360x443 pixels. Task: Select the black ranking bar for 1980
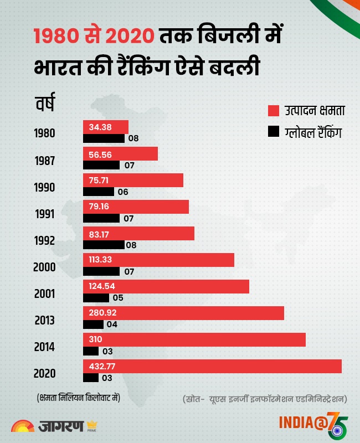[104, 138]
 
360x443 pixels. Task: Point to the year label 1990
[44, 187]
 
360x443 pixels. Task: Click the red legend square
[272, 111]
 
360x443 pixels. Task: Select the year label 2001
[44, 294]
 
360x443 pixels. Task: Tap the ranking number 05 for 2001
[118, 298]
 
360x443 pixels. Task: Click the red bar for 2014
[194, 339]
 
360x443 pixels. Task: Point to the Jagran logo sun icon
[22, 425]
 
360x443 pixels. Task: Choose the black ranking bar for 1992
[104, 245]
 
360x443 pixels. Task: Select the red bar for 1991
[136, 207]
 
